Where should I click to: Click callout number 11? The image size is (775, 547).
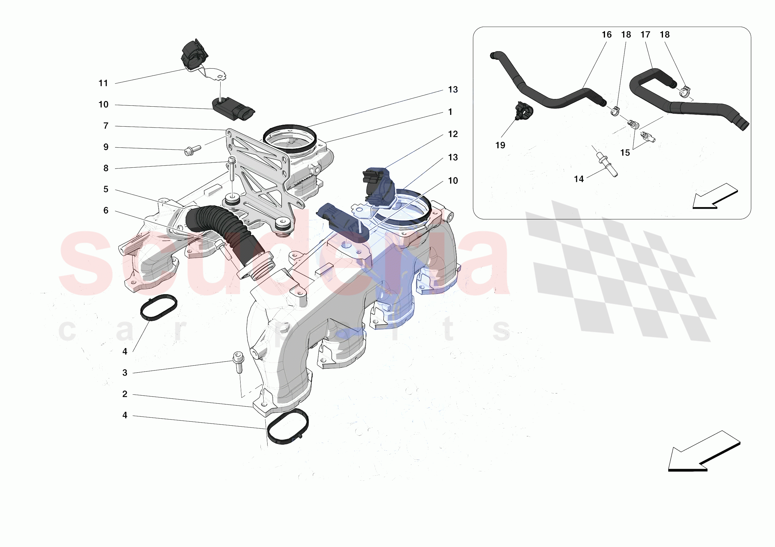pos(103,83)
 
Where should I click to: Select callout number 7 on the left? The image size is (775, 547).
pos(106,126)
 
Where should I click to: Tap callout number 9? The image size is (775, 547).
pos(106,147)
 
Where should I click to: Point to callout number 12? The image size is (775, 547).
pos(453,134)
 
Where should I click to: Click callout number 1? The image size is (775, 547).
pos(450,112)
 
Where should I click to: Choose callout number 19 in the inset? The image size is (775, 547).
pos(500,145)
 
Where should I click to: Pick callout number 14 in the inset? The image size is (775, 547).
pos(579,179)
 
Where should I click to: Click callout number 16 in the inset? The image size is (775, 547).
pos(607,35)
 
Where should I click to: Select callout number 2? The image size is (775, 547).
pos(125,394)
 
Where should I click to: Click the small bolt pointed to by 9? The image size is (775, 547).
pos(192,150)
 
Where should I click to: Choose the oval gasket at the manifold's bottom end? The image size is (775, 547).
pos(287,426)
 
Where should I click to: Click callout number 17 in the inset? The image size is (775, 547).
pos(645,35)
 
